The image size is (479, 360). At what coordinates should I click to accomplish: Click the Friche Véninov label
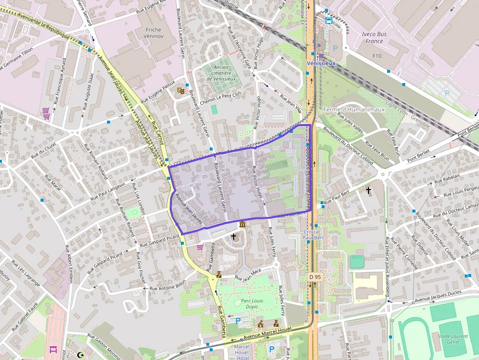153,33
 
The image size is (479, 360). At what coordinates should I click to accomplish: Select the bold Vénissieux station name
321,64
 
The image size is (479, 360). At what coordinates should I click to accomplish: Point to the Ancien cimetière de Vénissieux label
221,73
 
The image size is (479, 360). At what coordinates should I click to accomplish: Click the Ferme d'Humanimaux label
354,109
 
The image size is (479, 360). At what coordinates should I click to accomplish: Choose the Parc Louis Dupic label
252,304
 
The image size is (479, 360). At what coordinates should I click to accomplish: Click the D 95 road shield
315,277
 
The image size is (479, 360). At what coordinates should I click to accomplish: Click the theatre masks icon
180,90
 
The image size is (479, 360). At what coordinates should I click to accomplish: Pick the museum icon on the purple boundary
242,224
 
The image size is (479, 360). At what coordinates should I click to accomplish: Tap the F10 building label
377,56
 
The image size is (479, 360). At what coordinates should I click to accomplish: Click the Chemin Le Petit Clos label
221,99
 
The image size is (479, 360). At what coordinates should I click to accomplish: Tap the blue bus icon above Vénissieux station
329,21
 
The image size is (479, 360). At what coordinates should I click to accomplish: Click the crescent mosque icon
81,355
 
